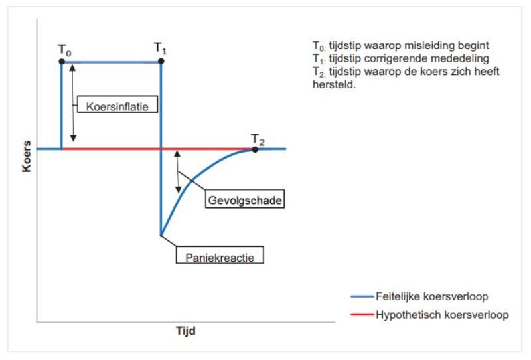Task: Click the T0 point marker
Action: click(62, 61)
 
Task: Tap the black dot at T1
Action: click(161, 61)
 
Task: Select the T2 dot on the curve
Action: click(255, 149)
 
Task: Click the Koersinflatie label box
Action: click(112, 105)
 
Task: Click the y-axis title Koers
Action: click(27, 156)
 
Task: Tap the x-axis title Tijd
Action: click(185, 330)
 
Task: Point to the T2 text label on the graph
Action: click(258, 139)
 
